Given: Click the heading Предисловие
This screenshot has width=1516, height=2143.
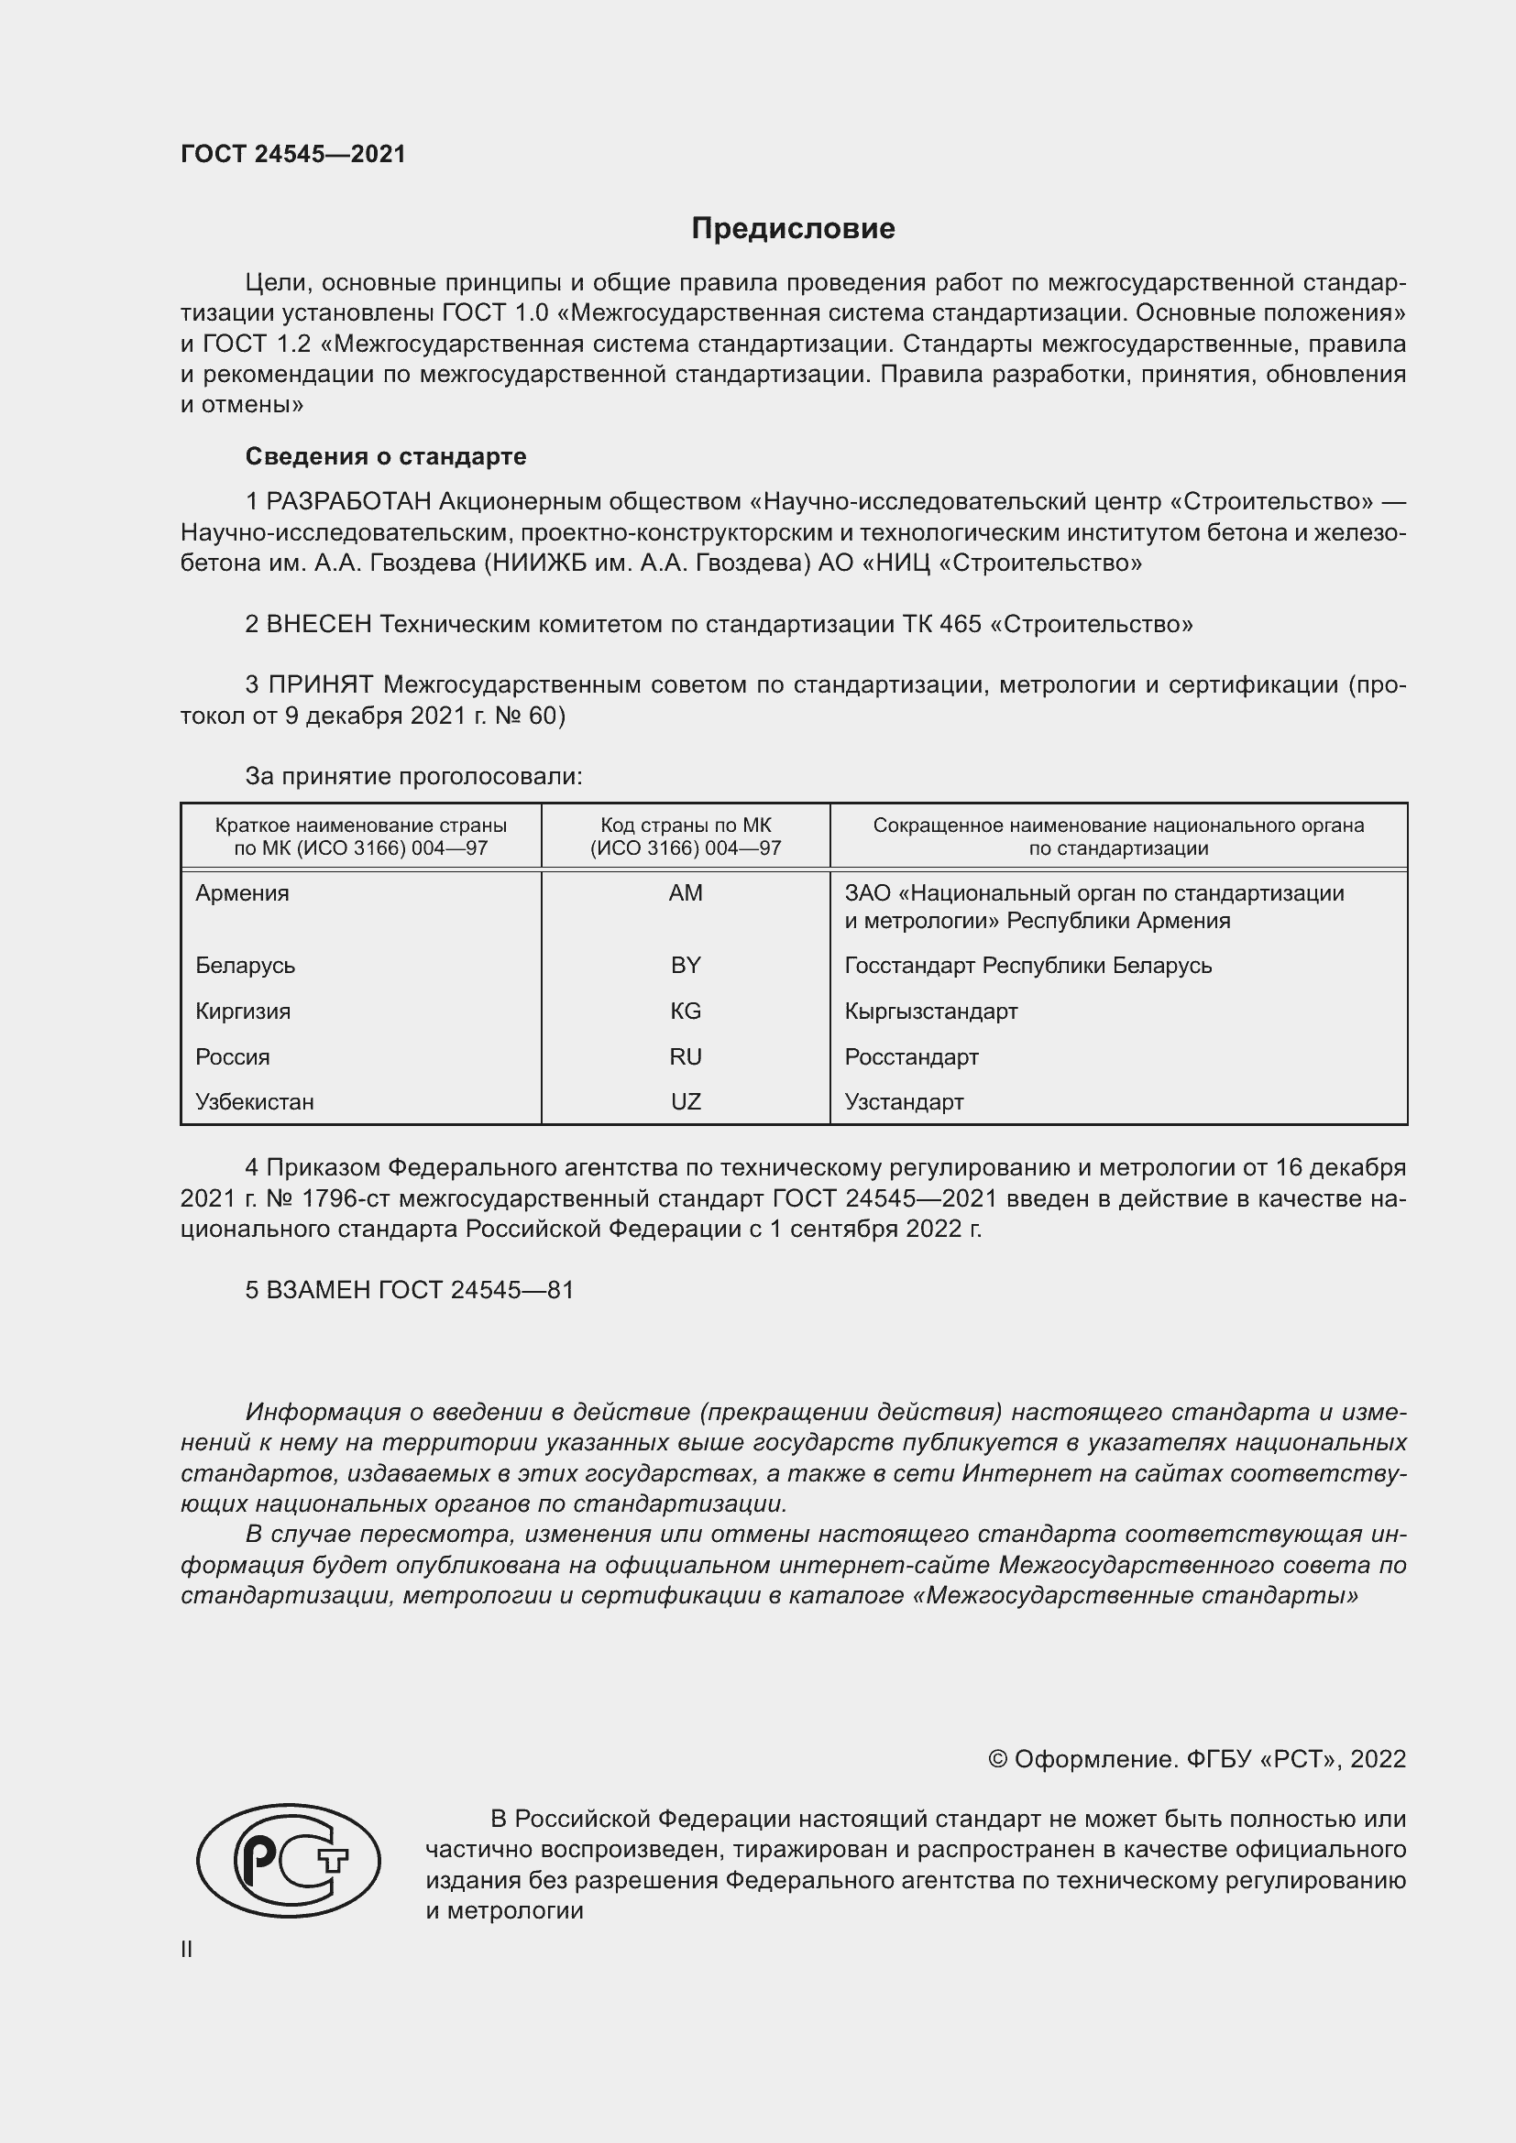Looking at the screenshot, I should pyautogui.click(x=793, y=229).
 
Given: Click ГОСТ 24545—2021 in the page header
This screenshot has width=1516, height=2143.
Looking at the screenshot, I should pyautogui.click(x=293, y=154).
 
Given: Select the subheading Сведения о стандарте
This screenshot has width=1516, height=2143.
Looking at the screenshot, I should pyautogui.click(x=386, y=456).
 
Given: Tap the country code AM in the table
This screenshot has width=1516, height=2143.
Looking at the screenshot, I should pyautogui.click(x=686, y=893).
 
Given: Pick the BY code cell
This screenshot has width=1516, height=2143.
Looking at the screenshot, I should pyautogui.click(x=686, y=965).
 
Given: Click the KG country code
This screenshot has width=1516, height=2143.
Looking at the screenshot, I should pyautogui.click(x=686, y=1011).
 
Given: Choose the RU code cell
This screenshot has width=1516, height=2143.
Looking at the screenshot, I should pyautogui.click(x=686, y=1056).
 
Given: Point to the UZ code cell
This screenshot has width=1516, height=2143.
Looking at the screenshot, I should pyautogui.click(x=686, y=1101).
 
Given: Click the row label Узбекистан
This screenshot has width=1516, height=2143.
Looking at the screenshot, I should pyautogui.click(x=254, y=1101).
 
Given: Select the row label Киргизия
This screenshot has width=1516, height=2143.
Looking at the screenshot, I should pyautogui.click(x=243, y=1011).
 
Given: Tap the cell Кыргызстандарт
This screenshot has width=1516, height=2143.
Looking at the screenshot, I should pyautogui.click(x=930, y=1011).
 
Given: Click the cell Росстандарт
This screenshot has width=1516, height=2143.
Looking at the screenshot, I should pyautogui.click(x=911, y=1056).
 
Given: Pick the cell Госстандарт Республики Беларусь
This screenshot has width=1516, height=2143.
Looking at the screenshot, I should pyautogui.click(x=1027, y=965).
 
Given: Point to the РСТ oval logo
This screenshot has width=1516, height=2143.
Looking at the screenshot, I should pyautogui.click(x=289, y=1860).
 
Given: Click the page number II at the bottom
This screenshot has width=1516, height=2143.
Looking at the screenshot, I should pyautogui.click(x=187, y=1949).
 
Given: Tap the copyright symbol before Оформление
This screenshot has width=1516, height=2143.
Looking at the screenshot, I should pyautogui.click(x=997, y=1759).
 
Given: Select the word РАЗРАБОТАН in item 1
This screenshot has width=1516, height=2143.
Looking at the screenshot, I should pyautogui.click(x=348, y=502).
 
